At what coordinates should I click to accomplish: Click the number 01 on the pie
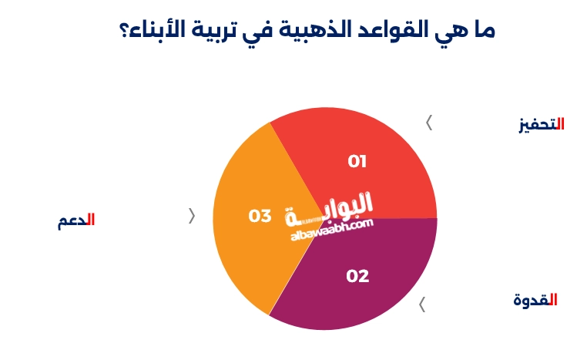coord(357,162)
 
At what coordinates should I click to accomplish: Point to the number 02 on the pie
coord(357,276)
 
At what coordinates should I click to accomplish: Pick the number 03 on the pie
coord(260,216)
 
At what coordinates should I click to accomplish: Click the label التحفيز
coord(542,124)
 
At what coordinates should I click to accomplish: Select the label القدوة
coord(535,300)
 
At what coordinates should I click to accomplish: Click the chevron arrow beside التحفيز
coord(429,123)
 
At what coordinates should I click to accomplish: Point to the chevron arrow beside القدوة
coord(421,304)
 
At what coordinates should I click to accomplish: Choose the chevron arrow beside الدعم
coord(192,216)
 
